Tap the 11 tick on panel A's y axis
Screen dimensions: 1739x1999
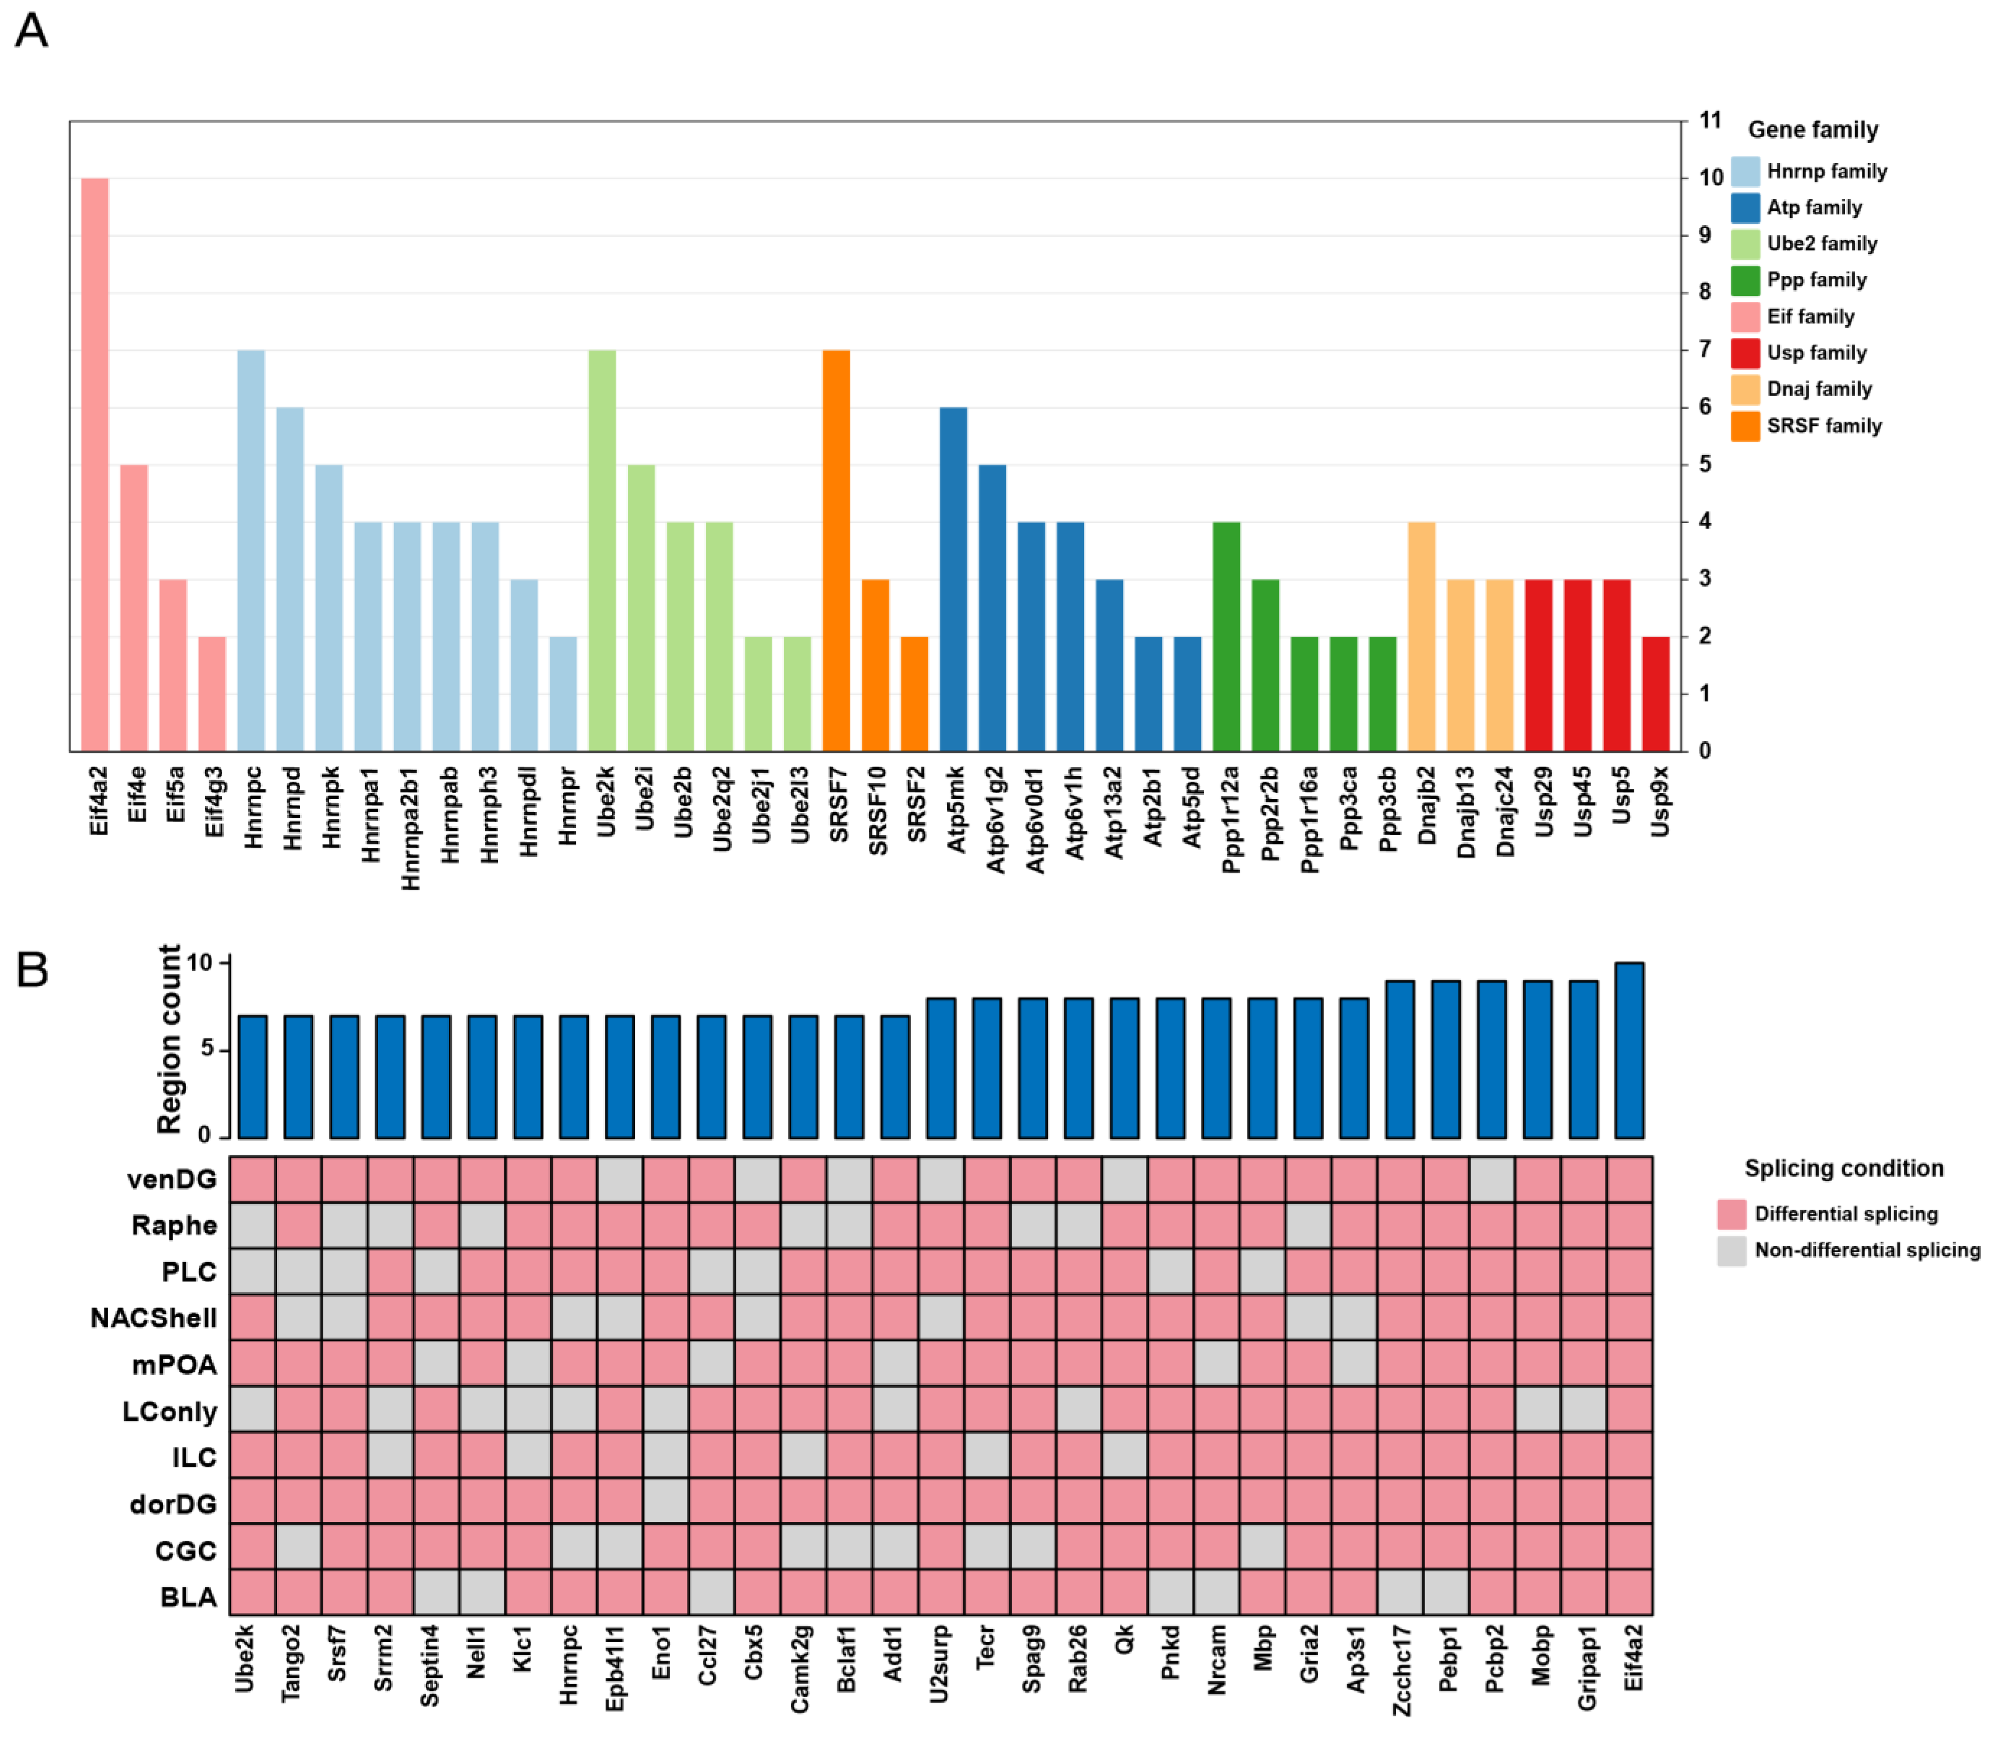[x=1710, y=120]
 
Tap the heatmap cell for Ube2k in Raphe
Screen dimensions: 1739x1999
[x=252, y=1224]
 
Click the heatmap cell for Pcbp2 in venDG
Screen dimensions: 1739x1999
[x=1492, y=1179]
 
